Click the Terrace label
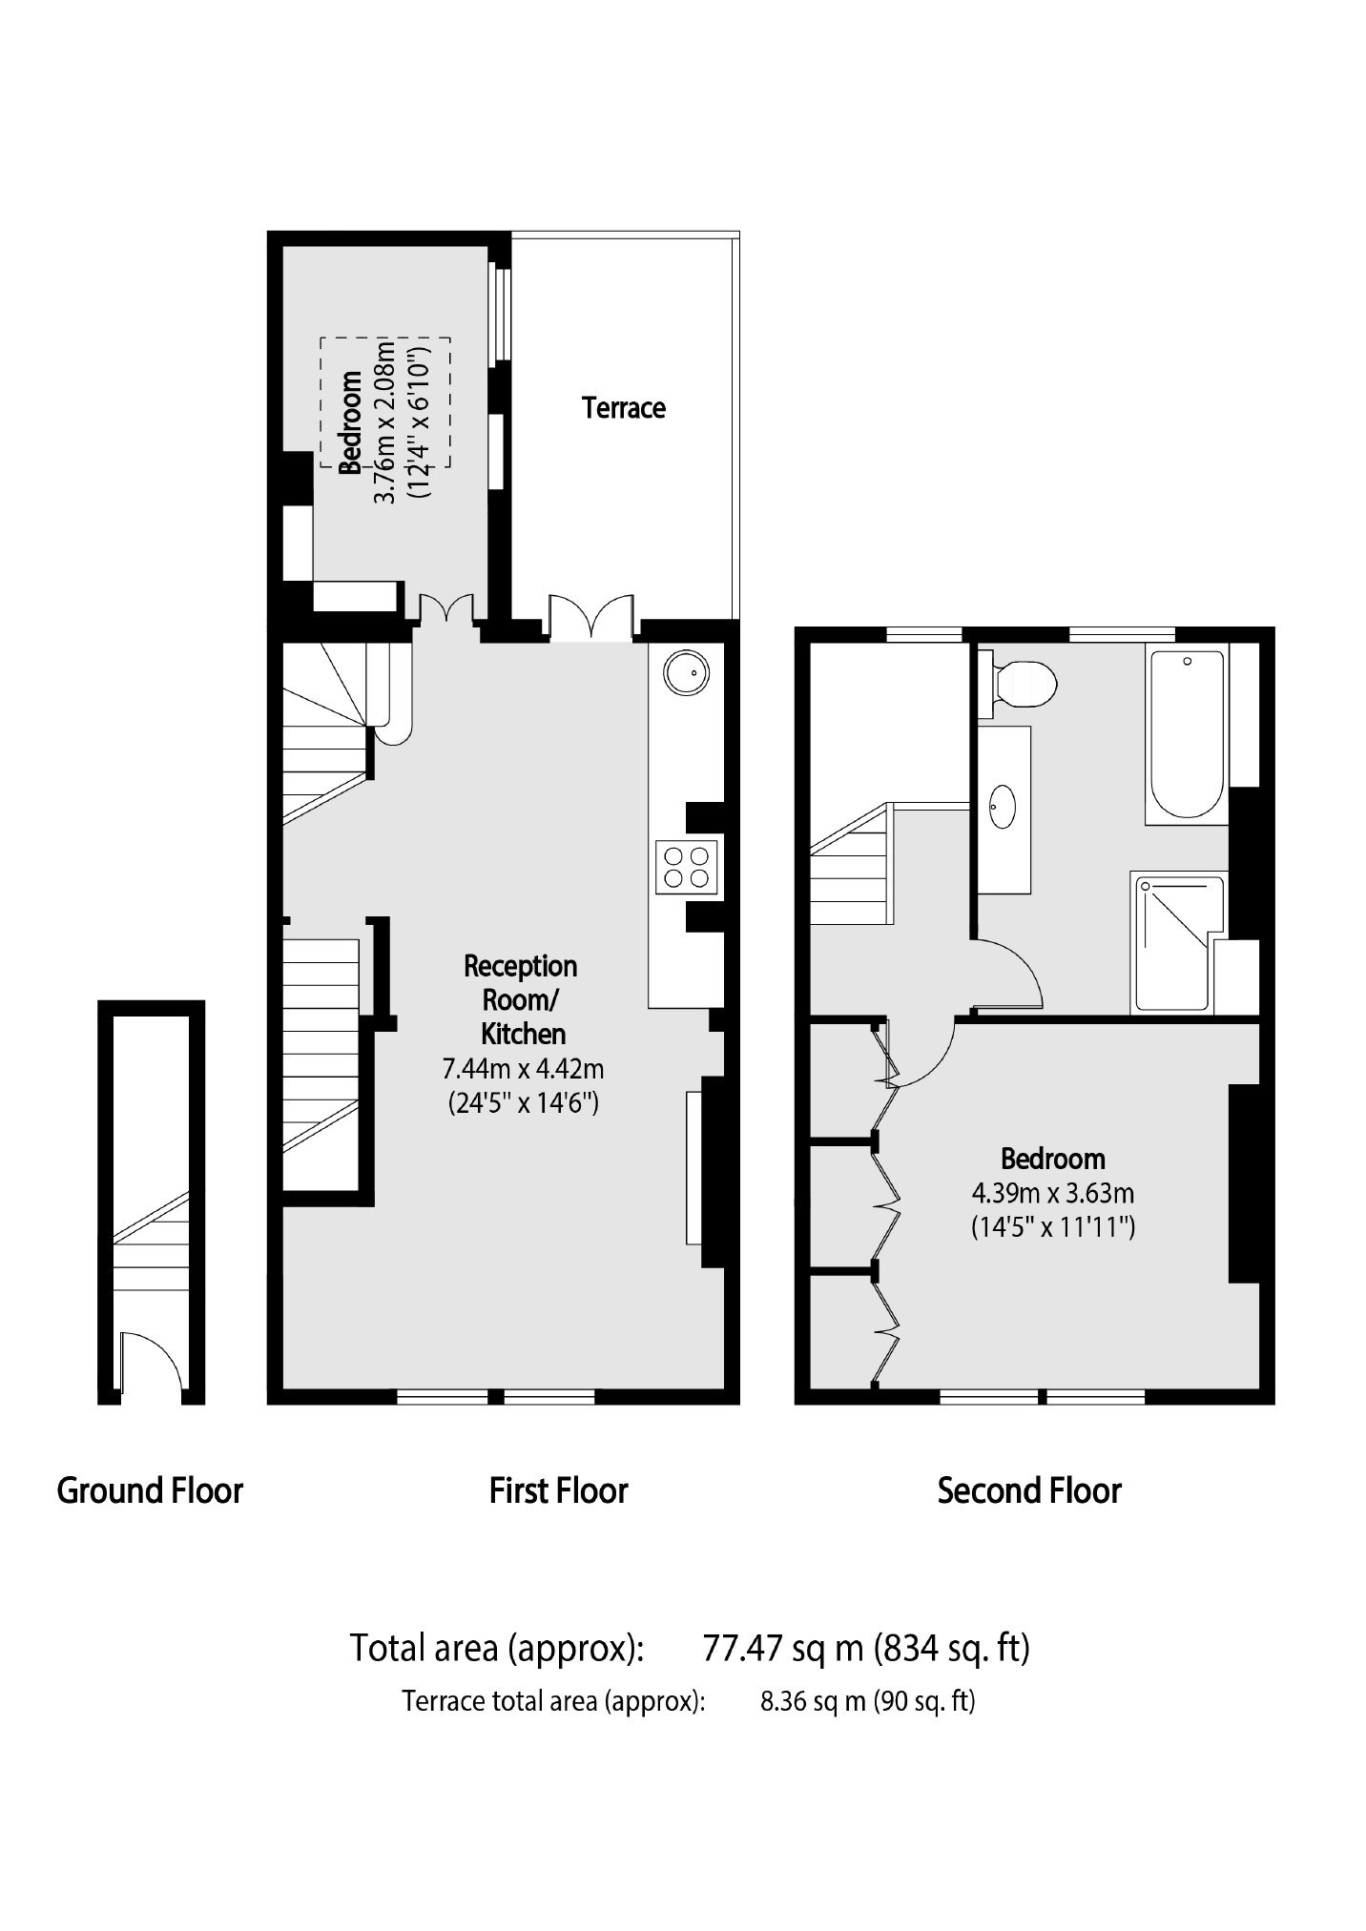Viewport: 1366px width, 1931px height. tap(624, 408)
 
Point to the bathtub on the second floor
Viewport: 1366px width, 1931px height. tap(1188, 735)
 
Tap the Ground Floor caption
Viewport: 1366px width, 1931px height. tap(150, 1490)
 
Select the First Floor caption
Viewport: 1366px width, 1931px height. tap(558, 1490)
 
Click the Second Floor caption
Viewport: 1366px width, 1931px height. tap(1029, 1490)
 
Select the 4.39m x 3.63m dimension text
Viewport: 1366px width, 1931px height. tap(1053, 1192)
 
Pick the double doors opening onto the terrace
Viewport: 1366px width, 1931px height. tap(591, 616)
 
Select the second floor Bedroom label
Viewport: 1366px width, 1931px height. tap(1052, 1160)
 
